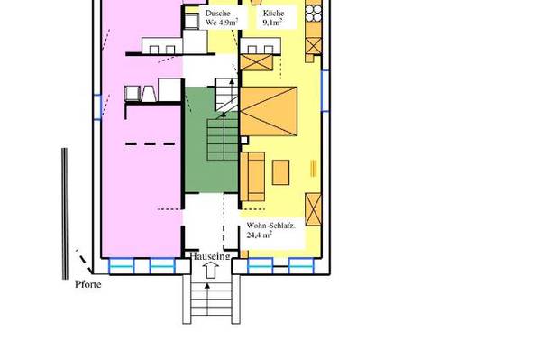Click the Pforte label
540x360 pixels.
(88, 284)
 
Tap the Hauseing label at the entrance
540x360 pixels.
(210, 256)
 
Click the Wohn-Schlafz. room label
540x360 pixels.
(270, 226)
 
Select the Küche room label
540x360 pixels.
(273, 14)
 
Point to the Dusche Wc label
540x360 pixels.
(222, 18)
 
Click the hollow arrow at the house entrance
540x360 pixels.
(210, 271)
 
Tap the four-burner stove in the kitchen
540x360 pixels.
(314, 14)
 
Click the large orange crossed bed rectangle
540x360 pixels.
(269, 111)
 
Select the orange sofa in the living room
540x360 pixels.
(252, 177)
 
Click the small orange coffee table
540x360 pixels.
(280, 172)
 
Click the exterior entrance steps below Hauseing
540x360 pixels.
(211, 299)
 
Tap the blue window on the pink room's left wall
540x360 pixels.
(97, 106)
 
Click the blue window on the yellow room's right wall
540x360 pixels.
(325, 91)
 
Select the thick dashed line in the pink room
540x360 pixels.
(150, 143)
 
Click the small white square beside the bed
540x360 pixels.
(244, 140)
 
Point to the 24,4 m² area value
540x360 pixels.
(259, 235)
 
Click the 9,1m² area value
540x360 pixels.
(272, 23)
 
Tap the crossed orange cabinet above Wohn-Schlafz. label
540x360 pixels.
(313, 209)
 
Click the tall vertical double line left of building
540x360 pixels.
(64, 214)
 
